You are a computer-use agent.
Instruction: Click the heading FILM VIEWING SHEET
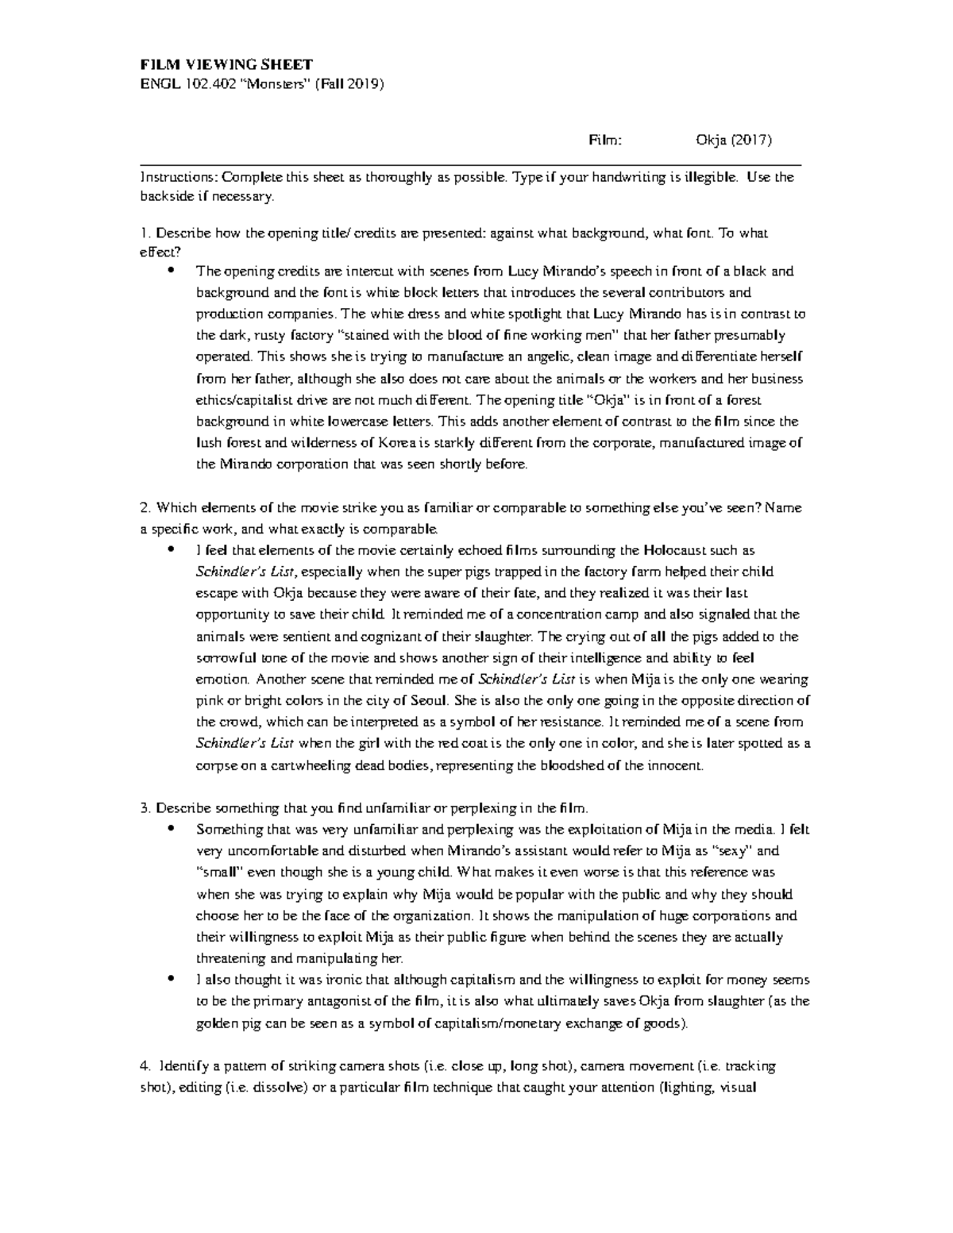[226, 64]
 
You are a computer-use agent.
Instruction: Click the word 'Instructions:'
[179, 177]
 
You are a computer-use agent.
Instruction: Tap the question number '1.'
[145, 233]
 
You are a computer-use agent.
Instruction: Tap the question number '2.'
[145, 507]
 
